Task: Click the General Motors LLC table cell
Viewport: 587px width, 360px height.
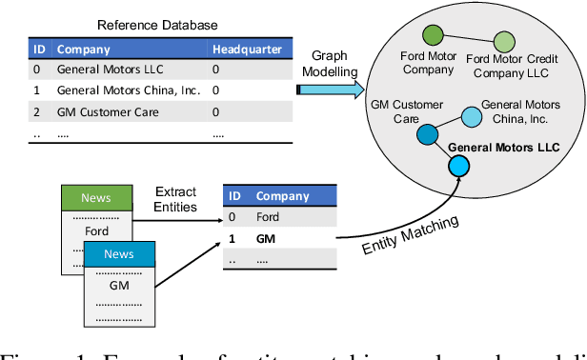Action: tap(110, 70)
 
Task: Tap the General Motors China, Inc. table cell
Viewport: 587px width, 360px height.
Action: tap(129, 90)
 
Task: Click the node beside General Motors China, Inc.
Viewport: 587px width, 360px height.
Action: tap(472, 117)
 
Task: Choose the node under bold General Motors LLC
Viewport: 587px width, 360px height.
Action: tap(460, 168)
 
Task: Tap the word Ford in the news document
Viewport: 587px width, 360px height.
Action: tap(97, 230)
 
